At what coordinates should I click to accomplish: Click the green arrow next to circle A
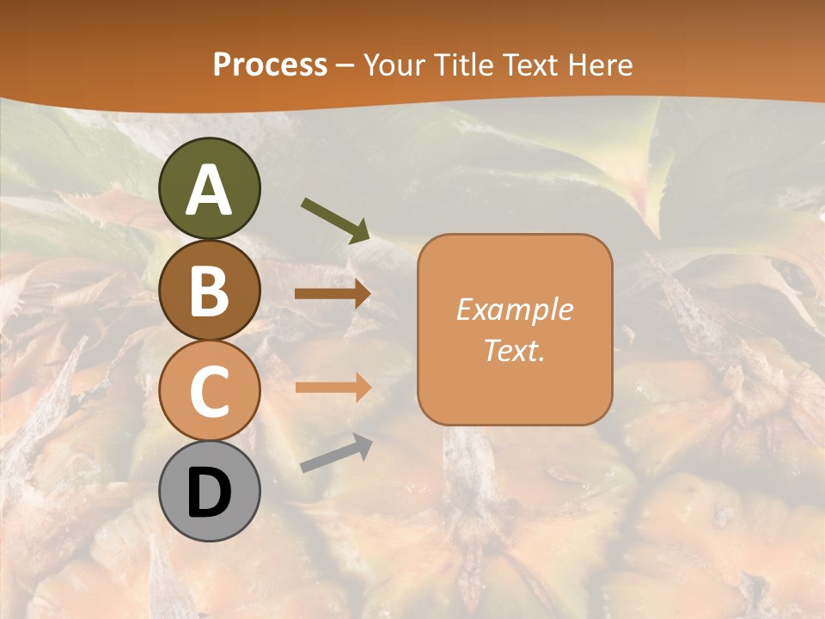(x=334, y=219)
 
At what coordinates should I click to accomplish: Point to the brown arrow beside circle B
(x=333, y=294)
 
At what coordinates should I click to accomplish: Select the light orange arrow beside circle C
(x=333, y=388)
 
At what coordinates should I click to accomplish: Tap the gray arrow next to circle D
(x=336, y=453)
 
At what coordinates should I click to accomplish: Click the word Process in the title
(x=270, y=64)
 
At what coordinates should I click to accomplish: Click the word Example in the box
(x=514, y=309)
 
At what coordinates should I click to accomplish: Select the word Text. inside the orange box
(x=514, y=350)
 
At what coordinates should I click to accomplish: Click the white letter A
(x=209, y=190)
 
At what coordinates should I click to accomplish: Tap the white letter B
(x=209, y=291)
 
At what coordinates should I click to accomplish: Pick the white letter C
(x=209, y=392)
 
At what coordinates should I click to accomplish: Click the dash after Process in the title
(x=345, y=65)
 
